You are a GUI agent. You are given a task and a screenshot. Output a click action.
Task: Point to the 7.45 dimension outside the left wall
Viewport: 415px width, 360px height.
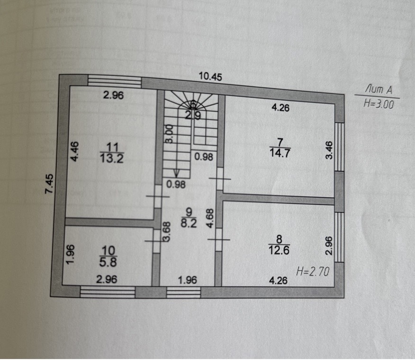49,184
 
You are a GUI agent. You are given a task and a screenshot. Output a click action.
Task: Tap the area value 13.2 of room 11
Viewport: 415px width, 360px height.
112,159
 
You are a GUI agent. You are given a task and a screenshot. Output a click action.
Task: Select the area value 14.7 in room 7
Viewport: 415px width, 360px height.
280,153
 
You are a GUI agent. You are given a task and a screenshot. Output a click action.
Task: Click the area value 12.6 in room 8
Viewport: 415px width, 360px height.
279,250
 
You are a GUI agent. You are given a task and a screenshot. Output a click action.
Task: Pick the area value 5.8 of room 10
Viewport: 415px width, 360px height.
108,262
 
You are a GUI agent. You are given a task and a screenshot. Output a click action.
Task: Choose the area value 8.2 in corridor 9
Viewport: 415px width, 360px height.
189,223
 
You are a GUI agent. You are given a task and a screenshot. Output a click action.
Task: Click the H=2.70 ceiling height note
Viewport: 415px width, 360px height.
313,272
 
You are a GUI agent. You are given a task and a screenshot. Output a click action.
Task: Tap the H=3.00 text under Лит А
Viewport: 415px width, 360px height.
379,103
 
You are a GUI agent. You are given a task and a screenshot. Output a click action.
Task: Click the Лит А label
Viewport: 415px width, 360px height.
379,90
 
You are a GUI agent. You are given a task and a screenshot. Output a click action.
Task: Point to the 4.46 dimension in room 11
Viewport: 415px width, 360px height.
74,151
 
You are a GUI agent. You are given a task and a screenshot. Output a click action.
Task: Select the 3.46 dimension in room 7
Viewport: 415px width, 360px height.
328,150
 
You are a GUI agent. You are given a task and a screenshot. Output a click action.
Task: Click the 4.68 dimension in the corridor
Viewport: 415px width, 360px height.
210,218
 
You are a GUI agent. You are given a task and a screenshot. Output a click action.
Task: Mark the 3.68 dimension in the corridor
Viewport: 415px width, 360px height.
166,231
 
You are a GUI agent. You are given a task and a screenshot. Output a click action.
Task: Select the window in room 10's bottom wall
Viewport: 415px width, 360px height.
108,292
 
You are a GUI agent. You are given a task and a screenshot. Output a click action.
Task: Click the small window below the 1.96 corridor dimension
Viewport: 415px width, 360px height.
183,293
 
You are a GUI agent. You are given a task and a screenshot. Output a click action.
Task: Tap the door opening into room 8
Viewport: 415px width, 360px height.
218,240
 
